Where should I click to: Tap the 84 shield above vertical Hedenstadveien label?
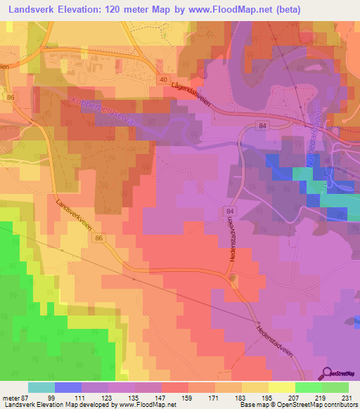[x=230, y=210]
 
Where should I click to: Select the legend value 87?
[x=25, y=398]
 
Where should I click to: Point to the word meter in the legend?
[x=10, y=398]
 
